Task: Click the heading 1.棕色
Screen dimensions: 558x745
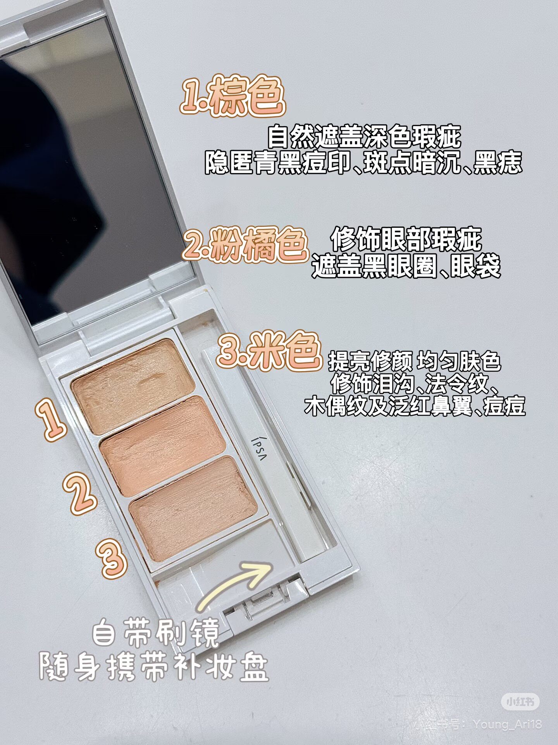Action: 232,96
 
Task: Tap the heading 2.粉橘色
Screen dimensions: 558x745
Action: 245,244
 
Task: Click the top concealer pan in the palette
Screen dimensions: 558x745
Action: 133,386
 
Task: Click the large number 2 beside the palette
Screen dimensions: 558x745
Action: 80,493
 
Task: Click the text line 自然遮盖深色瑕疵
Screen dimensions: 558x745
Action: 364,136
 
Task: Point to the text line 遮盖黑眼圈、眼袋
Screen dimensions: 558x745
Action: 406,266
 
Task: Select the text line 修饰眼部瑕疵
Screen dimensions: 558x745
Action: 406,239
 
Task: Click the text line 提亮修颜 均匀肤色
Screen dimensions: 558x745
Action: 415,361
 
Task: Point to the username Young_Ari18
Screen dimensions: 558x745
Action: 507,724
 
